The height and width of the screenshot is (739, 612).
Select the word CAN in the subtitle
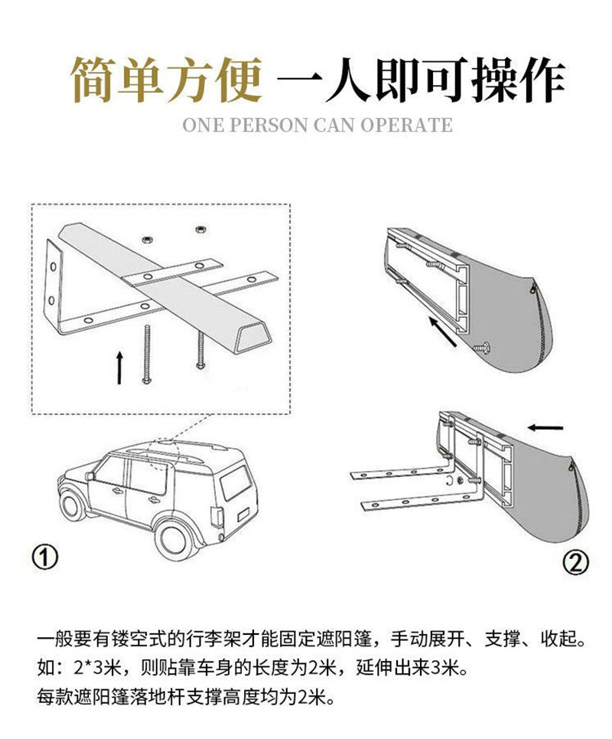334,124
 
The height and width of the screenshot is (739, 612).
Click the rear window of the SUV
237,482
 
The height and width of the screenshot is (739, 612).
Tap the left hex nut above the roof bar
145,239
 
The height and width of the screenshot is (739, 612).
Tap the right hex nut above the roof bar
200,227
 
